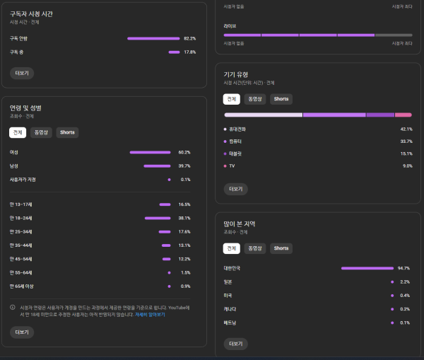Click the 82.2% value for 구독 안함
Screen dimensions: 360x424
pyautogui.click(x=189, y=38)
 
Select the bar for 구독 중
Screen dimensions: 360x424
pyautogui.click(x=174, y=52)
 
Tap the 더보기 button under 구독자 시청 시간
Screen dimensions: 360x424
pyautogui.click(x=21, y=73)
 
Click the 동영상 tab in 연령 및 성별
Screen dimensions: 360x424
pyautogui.click(x=40, y=132)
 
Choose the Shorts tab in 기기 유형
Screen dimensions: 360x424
pyautogui.click(x=281, y=99)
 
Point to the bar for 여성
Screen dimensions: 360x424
pyautogui.click(x=150, y=152)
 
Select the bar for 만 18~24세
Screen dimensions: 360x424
pyautogui.click(x=157, y=218)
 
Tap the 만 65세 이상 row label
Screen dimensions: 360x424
pyautogui.click(x=21, y=286)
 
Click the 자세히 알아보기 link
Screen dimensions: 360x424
pyautogui.click(x=150, y=314)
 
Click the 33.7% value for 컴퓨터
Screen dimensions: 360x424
pyautogui.click(x=406, y=141)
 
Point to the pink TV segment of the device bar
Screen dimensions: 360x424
pyautogui.click(x=403, y=115)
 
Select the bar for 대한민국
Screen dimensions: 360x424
pyautogui.click(x=366, y=269)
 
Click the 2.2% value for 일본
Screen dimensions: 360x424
pyautogui.click(x=406, y=282)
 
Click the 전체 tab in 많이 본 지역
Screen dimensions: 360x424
pyautogui.click(x=231, y=248)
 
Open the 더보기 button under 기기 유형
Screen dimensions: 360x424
pyautogui.click(x=235, y=189)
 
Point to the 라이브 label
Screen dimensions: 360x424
pyautogui.click(x=230, y=26)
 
